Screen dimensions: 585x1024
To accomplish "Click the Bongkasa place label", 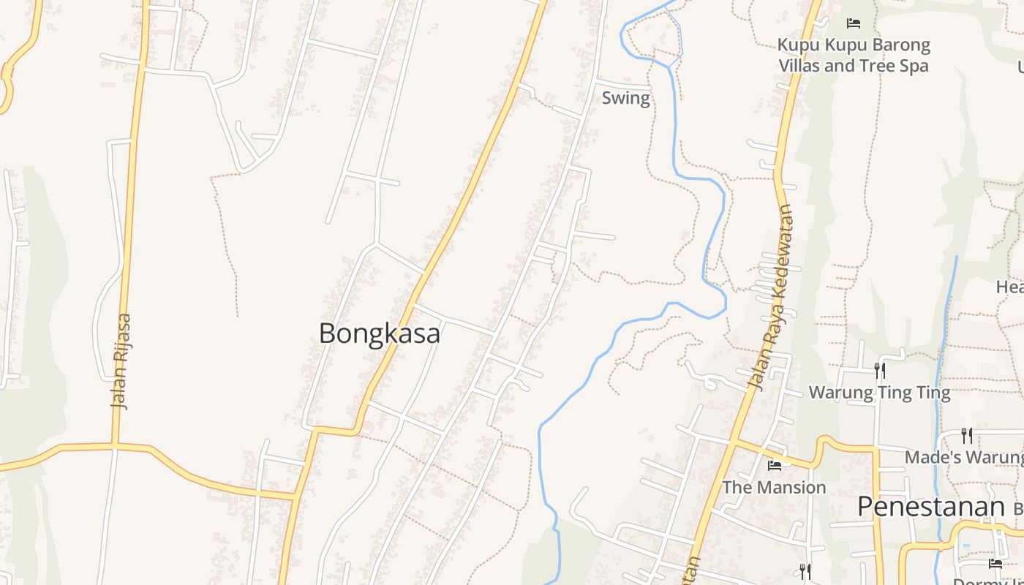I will pyautogui.click(x=380, y=333).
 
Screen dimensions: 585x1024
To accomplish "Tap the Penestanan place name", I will pyautogui.click(x=930, y=506).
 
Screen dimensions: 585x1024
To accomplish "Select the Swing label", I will pyautogui.click(x=625, y=98).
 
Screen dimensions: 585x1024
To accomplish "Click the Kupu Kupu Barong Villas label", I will pyautogui.click(x=853, y=55).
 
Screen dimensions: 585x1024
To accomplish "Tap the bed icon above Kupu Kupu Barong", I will pyautogui.click(x=853, y=23).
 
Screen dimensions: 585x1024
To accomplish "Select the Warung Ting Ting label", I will pyautogui.click(x=879, y=393).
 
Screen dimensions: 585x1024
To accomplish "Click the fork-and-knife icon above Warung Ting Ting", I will pyautogui.click(x=880, y=371).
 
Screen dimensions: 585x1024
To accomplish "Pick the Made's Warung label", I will pyautogui.click(x=963, y=457).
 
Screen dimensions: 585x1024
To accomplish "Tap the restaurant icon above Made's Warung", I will pyautogui.click(x=967, y=436).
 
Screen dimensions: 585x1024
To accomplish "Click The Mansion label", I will pyautogui.click(x=774, y=487).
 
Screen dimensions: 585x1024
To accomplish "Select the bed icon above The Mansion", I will pyautogui.click(x=775, y=465).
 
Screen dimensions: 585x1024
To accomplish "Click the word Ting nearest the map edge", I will pyautogui.click(x=933, y=393).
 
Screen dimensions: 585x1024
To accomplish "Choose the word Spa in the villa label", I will pyautogui.click(x=914, y=66).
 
